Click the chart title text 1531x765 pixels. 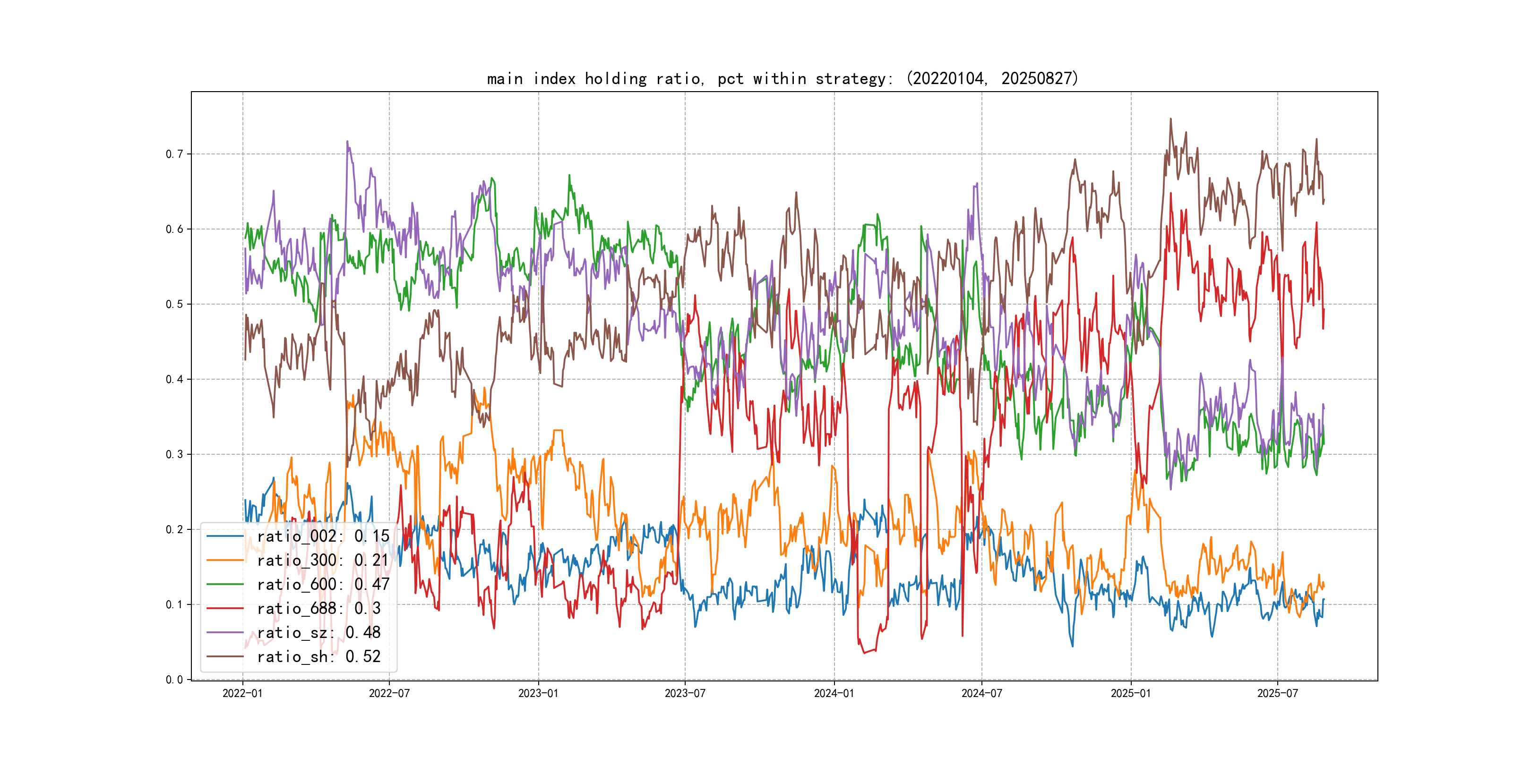[782, 78]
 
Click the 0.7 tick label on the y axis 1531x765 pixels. [174, 154]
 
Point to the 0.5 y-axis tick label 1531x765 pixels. [174, 305]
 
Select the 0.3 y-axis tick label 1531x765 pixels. [174, 455]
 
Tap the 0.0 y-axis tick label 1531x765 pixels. [174, 680]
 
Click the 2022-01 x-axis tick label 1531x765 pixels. [242, 694]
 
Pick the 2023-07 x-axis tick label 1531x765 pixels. [685, 694]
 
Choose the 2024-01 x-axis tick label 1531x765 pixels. [834, 694]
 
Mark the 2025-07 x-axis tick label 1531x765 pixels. [1277, 694]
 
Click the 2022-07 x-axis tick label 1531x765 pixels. [389, 694]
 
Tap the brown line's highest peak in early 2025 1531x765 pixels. [1171, 119]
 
